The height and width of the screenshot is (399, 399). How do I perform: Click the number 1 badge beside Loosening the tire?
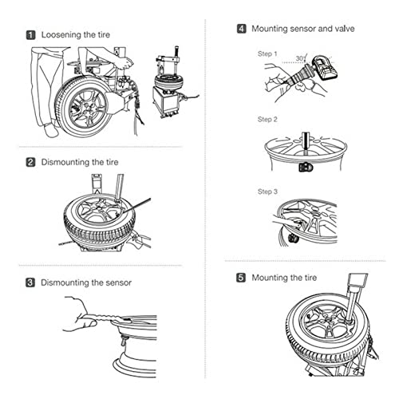[x=31, y=35]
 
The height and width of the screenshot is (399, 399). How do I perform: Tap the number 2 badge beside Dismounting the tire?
[x=30, y=162]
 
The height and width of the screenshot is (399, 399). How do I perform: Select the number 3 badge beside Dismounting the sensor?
[x=30, y=282]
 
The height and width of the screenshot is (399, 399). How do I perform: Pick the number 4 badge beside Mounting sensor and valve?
[x=242, y=29]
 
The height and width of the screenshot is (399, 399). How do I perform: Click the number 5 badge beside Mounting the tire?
[x=241, y=278]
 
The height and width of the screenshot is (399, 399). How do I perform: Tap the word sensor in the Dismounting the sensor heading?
[x=118, y=282]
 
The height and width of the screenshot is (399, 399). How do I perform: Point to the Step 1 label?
[x=267, y=54]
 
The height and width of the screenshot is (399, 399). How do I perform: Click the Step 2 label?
[x=267, y=120]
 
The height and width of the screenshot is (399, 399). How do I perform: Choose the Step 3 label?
[x=267, y=192]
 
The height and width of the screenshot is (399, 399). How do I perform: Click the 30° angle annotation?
[x=301, y=58]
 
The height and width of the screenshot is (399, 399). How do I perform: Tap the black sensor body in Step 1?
[x=325, y=68]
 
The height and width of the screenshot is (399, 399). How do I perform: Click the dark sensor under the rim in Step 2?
[x=306, y=168]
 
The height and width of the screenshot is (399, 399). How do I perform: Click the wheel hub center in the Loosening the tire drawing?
[x=87, y=109]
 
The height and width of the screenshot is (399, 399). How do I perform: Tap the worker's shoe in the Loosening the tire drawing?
[x=51, y=130]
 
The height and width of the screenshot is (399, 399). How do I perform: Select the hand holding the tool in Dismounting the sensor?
[x=79, y=314]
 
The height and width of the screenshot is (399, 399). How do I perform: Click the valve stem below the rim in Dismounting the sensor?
[x=124, y=341]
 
